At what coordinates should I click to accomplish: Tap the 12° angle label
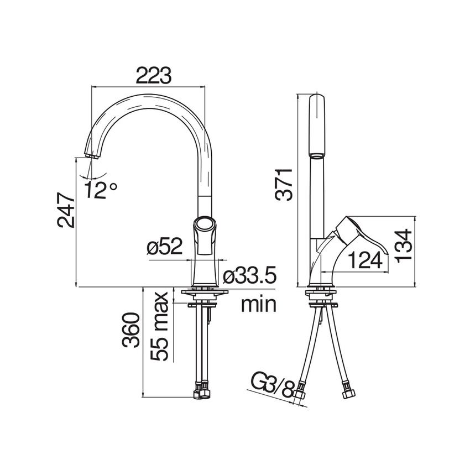pyautogui.click(x=100, y=190)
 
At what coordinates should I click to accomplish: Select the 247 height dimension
pyautogui.click(x=66, y=210)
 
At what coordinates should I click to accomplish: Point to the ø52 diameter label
pyautogui.click(x=165, y=247)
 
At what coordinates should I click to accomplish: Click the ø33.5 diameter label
pyautogui.click(x=249, y=276)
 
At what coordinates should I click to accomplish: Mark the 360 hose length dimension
pyautogui.click(x=131, y=330)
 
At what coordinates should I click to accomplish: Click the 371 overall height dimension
pyautogui.click(x=284, y=185)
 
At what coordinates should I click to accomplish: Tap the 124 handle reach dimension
pyautogui.click(x=366, y=260)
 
